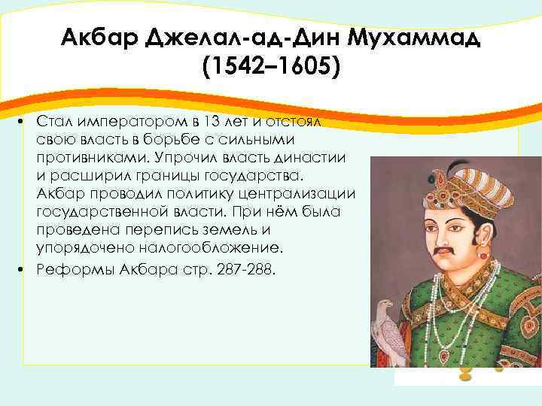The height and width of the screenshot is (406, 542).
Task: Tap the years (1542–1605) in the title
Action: click(x=271, y=68)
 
